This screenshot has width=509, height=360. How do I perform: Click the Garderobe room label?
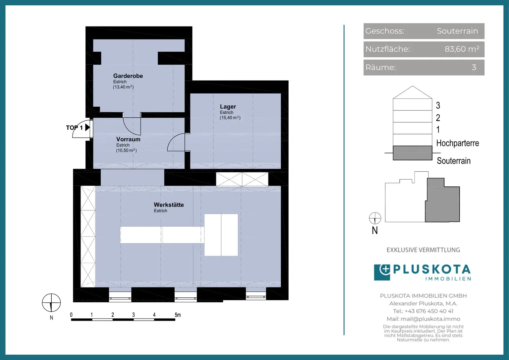tap(128, 76)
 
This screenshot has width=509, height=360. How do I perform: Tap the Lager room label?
tap(228, 107)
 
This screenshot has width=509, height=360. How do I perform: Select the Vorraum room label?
tap(128, 139)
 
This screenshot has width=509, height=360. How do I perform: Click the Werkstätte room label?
tap(169, 205)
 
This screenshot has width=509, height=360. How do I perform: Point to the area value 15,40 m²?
tap(230, 118)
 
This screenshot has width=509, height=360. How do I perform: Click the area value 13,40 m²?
tap(123, 87)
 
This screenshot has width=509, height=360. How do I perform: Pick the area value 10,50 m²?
tap(126, 150)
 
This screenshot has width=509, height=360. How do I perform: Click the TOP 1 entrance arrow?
tap(87, 127)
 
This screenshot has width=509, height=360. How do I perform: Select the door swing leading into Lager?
tap(176, 143)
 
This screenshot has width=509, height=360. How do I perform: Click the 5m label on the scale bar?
tap(178, 315)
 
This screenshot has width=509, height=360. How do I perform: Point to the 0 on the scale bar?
tap(71, 315)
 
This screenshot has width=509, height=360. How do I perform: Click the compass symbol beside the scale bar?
tap(51, 303)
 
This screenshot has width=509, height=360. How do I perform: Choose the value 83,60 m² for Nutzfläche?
tap(462, 49)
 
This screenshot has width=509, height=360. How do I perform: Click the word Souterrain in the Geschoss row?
tap(457, 31)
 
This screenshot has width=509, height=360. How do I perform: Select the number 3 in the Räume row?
tap(474, 67)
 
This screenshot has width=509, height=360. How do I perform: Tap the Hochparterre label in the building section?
tap(457, 143)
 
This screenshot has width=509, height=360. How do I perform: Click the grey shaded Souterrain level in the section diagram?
tap(413, 153)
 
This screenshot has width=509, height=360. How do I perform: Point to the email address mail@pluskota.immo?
tap(430, 319)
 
